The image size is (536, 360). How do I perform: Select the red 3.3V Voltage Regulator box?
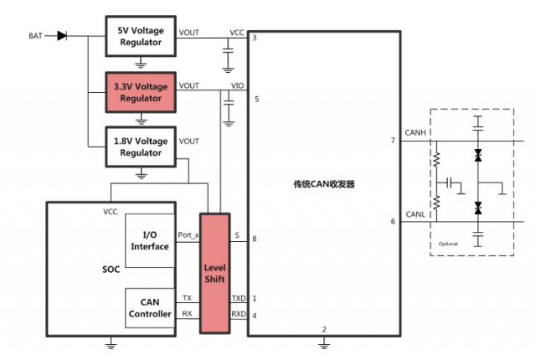(x=141, y=91)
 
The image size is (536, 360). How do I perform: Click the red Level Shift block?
(x=214, y=273)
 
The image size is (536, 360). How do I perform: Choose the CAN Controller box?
(x=149, y=308)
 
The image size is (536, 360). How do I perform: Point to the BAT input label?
(x=35, y=36)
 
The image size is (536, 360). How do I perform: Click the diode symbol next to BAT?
(x=62, y=35)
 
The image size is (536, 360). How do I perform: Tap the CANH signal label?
(x=415, y=134)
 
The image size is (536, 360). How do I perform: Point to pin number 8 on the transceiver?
(x=255, y=239)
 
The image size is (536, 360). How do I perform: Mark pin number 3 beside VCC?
(x=255, y=39)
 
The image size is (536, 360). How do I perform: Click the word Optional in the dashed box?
(x=450, y=244)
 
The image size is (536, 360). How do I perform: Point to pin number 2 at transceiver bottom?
(x=324, y=329)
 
